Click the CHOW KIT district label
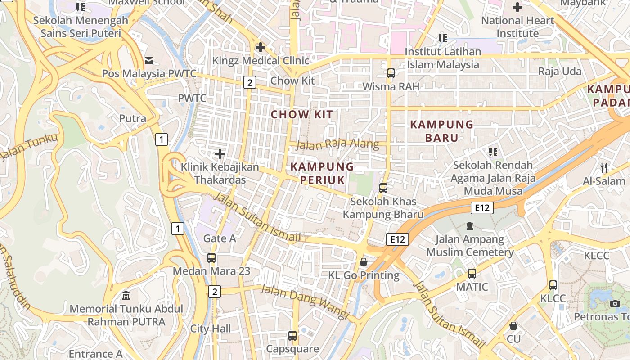pyautogui.click(x=302, y=114)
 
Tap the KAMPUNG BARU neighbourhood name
pyautogui.click(x=441, y=131)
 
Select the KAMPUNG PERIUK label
pyautogui.click(x=322, y=173)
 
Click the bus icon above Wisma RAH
pyautogui.click(x=391, y=73)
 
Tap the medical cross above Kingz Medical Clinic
pyautogui.click(x=260, y=47)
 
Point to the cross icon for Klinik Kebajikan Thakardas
pyautogui.click(x=220, y=154)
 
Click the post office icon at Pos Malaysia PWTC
pyautogui.click(x=149, y=60)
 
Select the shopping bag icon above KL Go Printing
pyautogui.click(x=364, y=262)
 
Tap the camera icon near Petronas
pyautogui.click(x=615, y=303)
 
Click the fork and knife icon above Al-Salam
pyautogui.click(x=604, y=168)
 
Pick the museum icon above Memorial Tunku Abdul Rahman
pyautogui.click(x=126, y=296)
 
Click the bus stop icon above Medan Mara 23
pyautogui.click(x=211, y=258)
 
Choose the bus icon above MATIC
pyautogui.click(x=472, y=273)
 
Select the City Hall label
pyautogui.click(x=211, y=328)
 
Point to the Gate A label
pyautogui.click(x=220, y=238)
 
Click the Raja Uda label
pyautogui.click(x=560, y=72)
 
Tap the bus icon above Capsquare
pyautogui.click(x=292, y=335)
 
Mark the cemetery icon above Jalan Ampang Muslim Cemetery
pyautogui.click(x=470, y=226)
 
